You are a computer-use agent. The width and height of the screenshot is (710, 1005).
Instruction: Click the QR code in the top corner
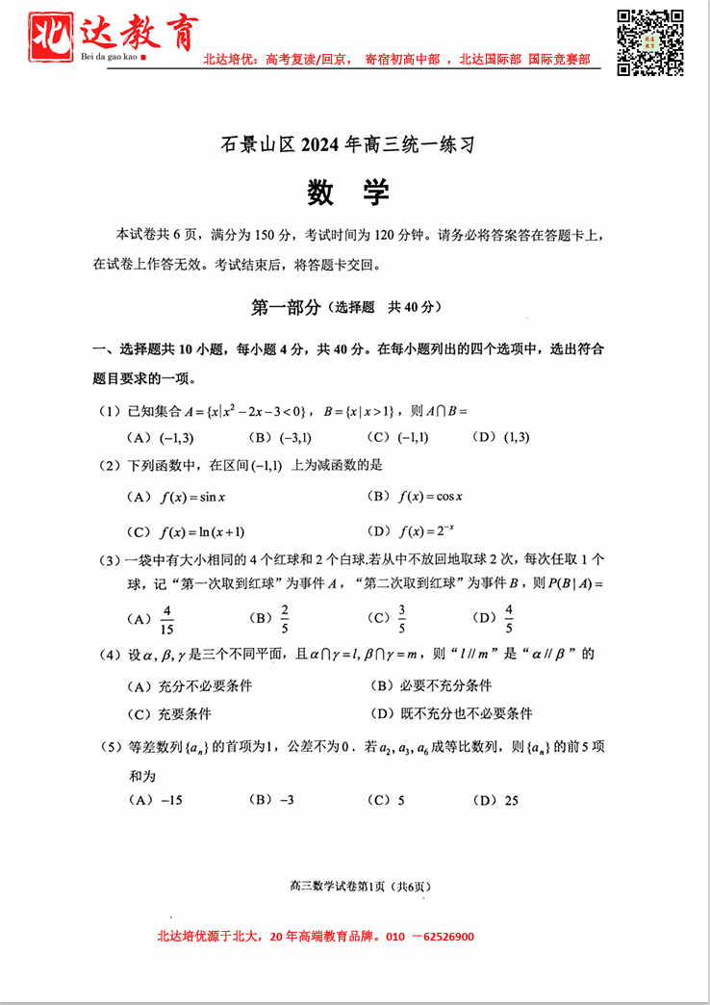[649, 41]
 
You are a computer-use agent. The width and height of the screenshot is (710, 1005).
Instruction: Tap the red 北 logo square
[53, 37]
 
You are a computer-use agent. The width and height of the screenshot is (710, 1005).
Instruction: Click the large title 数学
[347, 193]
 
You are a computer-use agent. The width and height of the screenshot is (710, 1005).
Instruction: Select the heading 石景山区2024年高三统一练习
[347, 145]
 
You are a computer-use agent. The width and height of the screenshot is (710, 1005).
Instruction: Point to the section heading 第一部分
[286, 307]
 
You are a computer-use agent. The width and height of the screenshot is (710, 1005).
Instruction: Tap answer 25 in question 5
[510, 799]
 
